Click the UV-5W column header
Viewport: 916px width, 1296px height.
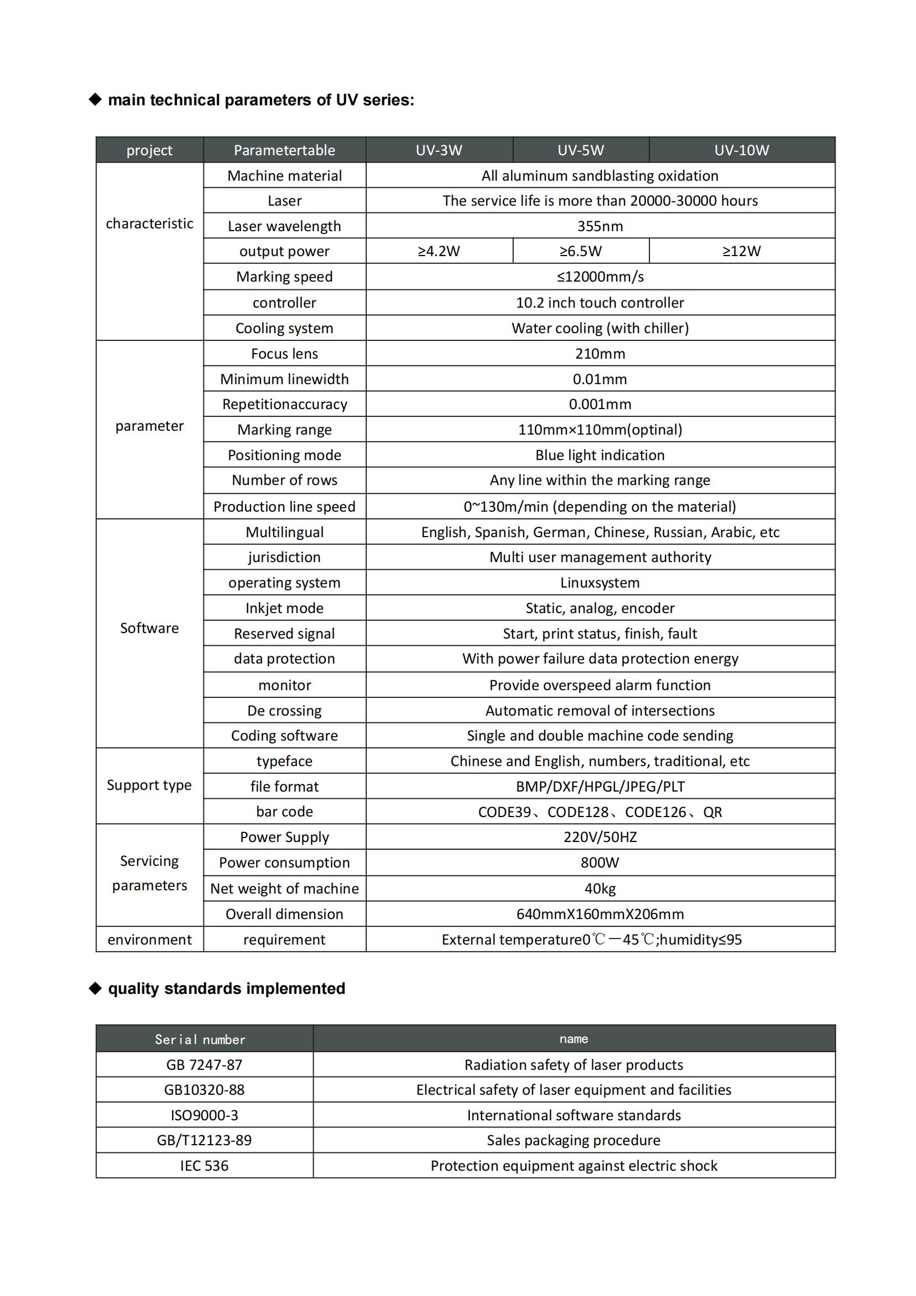click(580, 150)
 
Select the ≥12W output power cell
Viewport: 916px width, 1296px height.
click(741, 251)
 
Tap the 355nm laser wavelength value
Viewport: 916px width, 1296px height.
click(600, 226)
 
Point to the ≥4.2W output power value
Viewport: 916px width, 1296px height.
click(438, 251)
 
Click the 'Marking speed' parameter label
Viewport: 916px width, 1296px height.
click(284, 277)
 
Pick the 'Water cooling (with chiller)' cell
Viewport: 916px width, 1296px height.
click(600, 328)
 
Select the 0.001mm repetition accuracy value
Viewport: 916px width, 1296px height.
click(600, 404)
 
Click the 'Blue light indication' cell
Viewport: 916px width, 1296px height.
click(600, 455)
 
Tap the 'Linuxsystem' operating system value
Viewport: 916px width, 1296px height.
click(600, 583)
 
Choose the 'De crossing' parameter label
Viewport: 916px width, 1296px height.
click(284, 711)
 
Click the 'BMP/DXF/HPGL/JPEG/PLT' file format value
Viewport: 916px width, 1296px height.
click(600, 786)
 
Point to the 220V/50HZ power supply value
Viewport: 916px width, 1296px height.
click(600, 837)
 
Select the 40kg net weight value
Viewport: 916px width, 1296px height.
click(600, 889)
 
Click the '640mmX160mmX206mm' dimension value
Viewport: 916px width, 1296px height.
click(600, 914)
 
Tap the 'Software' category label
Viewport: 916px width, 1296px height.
click(149, 628)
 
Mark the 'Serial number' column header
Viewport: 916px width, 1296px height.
click(200, 1040)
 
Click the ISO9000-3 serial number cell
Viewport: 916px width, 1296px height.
click(204, 1115)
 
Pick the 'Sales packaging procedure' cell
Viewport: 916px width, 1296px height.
click(574, 1140)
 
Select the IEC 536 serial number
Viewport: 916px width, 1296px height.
click(204, 1166)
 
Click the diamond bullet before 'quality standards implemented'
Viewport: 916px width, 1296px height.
click(95, 988)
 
